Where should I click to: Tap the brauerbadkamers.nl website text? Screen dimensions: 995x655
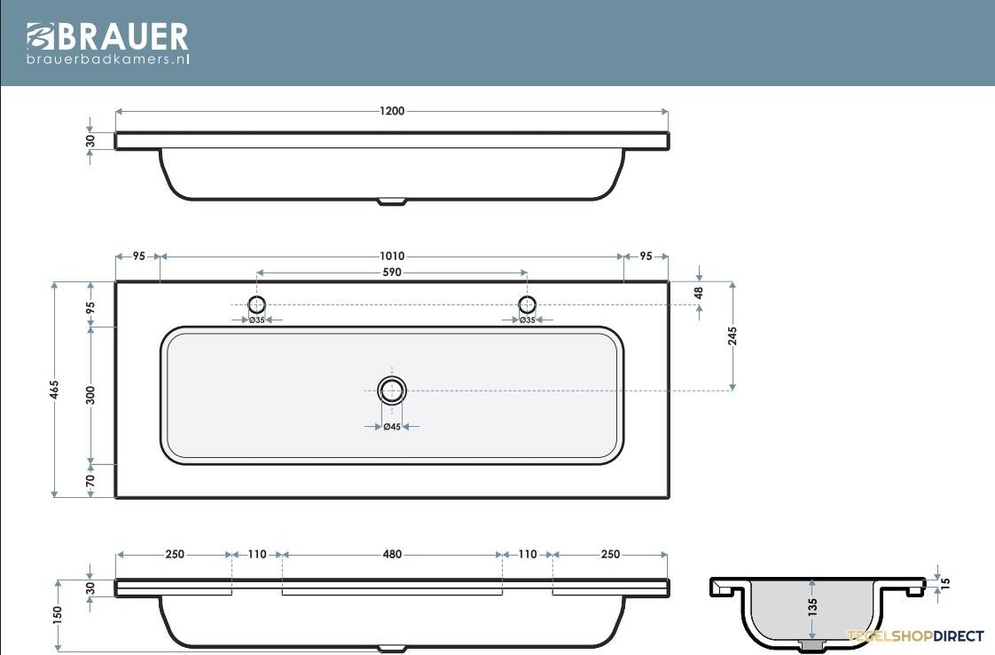pyautogui.click(x=108, y=59)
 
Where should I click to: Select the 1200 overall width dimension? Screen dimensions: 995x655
pyautogui.click(x=392, y=111)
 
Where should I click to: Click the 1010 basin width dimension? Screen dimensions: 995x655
pyautogui.click(x=392, y=256)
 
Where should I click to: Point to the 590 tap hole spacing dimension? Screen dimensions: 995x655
pyautogui.click(x=392, y=272)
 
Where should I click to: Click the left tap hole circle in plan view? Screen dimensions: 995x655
pyautogui.click(x=256, y=304)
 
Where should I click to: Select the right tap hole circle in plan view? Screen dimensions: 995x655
pyautogui.click(x=528, y=304)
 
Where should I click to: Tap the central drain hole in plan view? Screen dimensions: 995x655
pyautogui.click(x=392, y=391)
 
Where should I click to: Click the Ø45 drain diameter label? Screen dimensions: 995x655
pyautogui.click(x=392, y=427)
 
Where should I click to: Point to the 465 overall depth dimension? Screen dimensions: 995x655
pyautogui.click(x=55, y=390)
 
